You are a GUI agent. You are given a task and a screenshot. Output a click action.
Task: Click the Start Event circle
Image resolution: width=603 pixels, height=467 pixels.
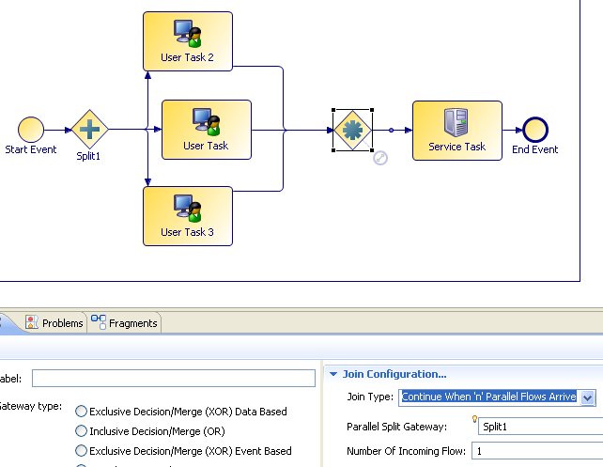(30, 131)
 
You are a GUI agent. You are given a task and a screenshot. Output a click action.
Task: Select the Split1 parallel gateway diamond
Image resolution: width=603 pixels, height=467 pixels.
(90, 131)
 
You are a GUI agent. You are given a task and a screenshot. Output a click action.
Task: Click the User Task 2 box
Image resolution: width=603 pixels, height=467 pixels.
(187, 41)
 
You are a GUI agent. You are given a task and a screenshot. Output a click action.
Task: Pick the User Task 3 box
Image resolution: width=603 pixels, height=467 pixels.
(187, 215)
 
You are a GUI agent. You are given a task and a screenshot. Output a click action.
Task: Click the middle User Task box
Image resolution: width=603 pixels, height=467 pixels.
(206, 129)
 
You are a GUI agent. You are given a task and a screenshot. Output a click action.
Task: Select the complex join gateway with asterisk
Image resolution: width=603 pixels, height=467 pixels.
(352, 131)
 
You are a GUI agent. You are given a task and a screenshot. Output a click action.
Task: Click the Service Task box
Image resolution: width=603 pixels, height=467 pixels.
(456, 131)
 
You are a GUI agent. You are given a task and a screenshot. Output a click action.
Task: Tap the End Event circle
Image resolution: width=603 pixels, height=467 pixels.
(534, 131)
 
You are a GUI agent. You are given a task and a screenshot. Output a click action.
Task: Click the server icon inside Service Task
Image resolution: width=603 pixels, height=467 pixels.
(456, 122)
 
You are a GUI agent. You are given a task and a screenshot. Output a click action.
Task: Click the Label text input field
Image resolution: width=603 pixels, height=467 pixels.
(173, 378)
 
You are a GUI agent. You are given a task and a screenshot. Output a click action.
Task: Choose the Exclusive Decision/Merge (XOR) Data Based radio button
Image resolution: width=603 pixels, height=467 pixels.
(81, 411)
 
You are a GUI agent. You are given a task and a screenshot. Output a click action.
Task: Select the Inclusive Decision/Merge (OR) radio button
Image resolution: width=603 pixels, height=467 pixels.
(81, 431)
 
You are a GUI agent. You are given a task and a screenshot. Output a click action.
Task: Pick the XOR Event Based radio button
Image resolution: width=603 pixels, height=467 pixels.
(81, 451)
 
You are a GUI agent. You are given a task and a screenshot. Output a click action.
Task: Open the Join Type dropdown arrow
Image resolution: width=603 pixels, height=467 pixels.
(588, 397)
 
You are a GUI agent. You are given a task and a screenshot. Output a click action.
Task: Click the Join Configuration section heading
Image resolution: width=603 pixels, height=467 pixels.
(394, 374)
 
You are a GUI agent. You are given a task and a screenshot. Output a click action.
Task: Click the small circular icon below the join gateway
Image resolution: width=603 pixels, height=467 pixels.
(380, 158)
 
